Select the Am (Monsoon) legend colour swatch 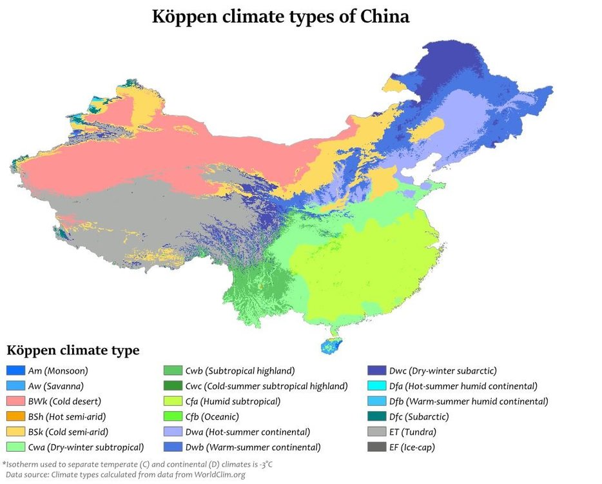pos(15,370)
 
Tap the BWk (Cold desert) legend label pos(64,401)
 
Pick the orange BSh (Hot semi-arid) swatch pos(15,416)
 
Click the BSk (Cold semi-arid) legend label pos(68,432)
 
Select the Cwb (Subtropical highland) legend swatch pos(175,370)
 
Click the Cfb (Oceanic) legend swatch pos(175,416)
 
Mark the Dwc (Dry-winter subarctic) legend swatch pos(376,370)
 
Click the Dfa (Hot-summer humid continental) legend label pos(463,386)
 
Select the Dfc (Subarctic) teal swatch pos(376,416)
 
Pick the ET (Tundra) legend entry pos(413,432)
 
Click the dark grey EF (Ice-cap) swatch pos(376,447)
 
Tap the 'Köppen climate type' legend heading pos(73,351)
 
